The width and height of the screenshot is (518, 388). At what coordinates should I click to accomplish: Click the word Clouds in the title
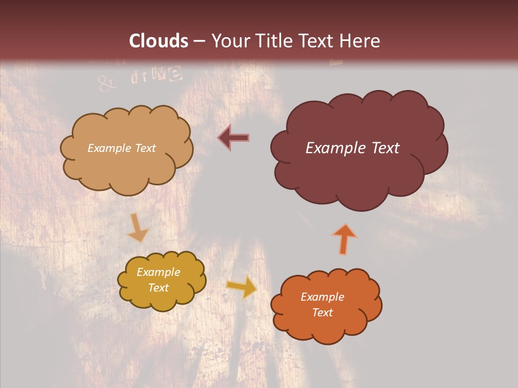pos(159,41)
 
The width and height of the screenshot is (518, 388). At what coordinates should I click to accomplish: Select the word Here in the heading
pos(360,41)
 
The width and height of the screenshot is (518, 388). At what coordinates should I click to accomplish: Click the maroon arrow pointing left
pos(234,137)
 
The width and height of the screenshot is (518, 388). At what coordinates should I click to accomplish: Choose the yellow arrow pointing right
pos(242,287)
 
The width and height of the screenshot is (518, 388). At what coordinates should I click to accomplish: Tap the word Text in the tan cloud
pos(145,148)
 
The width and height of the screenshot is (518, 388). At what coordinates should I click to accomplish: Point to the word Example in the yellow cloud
pos(159,272)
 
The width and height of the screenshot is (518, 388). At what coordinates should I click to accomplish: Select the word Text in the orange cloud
pos(323,313)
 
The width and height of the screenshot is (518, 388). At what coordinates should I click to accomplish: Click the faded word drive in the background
pos(156,76)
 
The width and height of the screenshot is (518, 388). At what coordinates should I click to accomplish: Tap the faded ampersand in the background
pos(106,83)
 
